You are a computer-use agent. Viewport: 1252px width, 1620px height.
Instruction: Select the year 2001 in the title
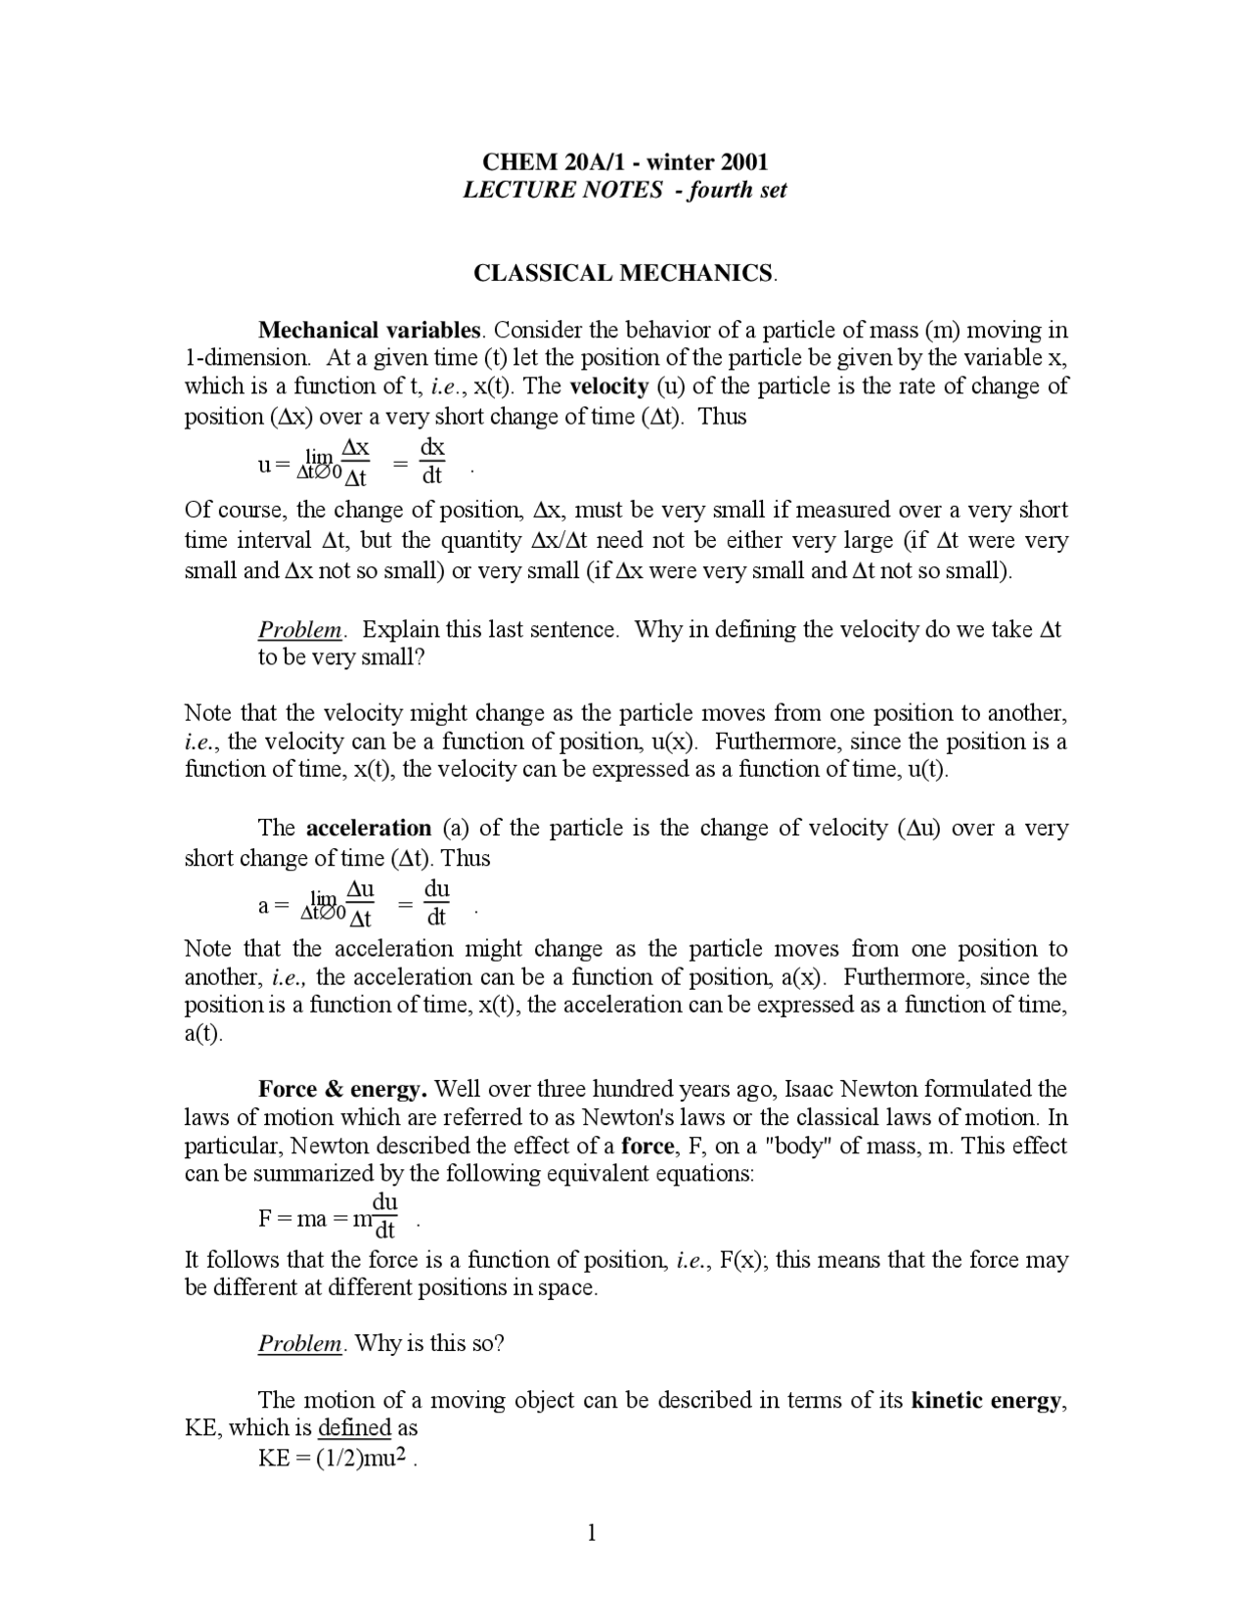tap(743, 161)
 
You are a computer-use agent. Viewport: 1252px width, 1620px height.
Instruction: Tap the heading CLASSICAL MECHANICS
tap(624, 273)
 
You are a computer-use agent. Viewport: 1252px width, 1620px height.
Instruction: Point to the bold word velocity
tap(608, 386)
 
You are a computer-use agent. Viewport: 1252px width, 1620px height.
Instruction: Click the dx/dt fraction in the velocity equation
tap(432, 461)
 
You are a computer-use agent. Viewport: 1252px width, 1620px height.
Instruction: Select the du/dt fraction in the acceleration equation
tap(436, 902)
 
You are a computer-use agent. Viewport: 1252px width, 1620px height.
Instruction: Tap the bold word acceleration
tap(369, 829)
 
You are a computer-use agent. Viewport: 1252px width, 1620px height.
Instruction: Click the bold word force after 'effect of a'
tap(648, 1146)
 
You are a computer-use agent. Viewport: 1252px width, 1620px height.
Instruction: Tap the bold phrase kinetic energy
tap(985, 1400)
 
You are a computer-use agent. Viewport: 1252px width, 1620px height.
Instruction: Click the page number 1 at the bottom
tap(592, 1533)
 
